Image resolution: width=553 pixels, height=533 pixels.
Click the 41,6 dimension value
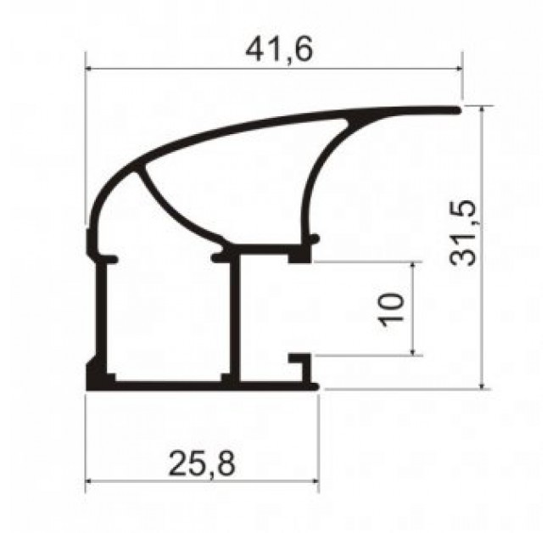(279, 50)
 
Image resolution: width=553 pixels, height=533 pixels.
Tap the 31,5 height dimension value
(463, 233)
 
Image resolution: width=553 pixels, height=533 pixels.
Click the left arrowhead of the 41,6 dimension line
(90, 69)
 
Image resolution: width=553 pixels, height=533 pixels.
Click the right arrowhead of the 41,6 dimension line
(458, 69)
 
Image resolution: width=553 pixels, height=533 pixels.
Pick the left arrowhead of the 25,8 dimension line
(90, 480)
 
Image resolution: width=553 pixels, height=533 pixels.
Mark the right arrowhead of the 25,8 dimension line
(315, 480)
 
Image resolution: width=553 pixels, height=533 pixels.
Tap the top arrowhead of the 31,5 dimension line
(483, 109)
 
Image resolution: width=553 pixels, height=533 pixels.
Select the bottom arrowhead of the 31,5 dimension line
(483, 384)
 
